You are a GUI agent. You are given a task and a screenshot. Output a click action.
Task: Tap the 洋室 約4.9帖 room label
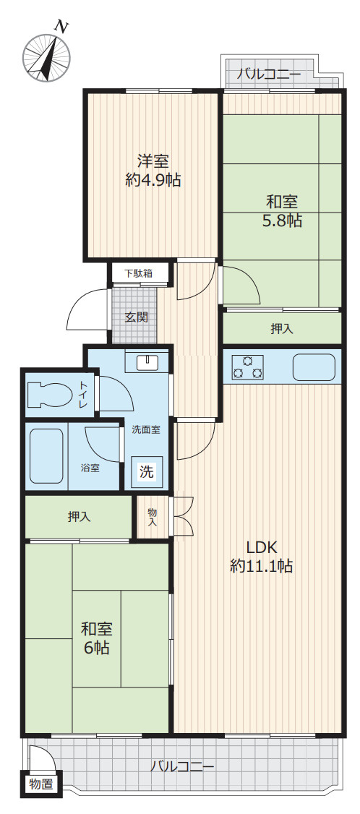153,171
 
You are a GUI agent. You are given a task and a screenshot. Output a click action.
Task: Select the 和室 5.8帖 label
283,211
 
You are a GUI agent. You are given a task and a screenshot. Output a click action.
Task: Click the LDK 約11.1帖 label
262,557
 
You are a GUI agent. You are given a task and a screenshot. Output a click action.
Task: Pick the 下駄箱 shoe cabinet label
138,273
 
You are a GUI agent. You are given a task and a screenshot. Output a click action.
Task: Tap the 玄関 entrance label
137,317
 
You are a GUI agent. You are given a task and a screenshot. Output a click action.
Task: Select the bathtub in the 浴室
47,455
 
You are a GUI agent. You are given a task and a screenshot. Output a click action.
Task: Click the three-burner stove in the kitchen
248,367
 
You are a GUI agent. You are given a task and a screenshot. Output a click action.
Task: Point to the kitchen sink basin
314,367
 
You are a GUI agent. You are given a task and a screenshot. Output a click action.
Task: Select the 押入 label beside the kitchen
281,328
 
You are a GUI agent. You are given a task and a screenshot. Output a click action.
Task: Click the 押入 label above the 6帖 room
79,517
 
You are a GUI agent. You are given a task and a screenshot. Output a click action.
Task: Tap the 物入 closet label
153,517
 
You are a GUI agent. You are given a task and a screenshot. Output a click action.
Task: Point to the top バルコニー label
269,74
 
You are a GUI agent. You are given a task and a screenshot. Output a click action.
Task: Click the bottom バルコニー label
182,766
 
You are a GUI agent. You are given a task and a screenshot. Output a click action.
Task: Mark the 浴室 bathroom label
90,468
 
